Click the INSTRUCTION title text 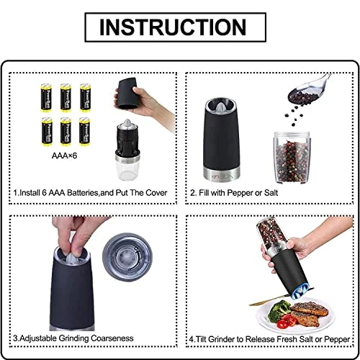pos(179,27)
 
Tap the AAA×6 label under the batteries pos(66,153)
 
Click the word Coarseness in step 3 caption pos(135,337)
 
